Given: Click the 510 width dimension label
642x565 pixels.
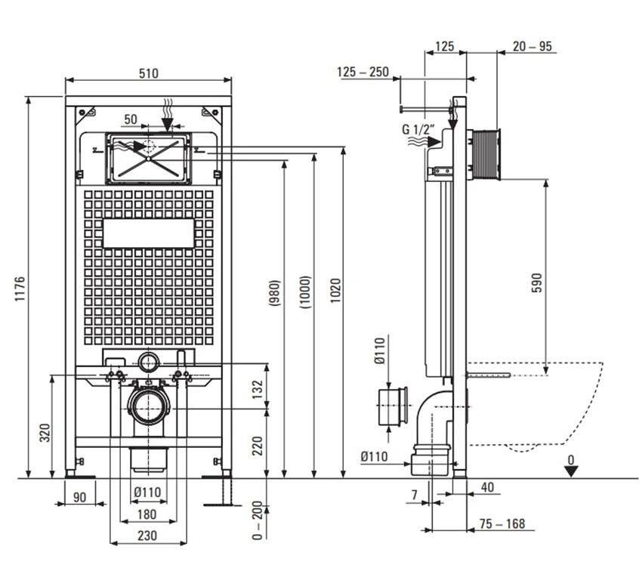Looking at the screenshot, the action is (x=148, y=73).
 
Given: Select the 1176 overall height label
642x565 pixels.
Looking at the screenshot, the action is (x=20, y=289).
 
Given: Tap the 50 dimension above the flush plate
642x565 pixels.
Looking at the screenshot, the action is (x=131, y=119).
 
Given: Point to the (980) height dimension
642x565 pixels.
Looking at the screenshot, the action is (x=274, y=293).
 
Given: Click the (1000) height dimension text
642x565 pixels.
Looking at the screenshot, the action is (x=305, y=292).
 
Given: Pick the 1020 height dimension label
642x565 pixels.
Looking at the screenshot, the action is (x=335, y=290).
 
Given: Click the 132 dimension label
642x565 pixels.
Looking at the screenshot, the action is (x=257, y=389).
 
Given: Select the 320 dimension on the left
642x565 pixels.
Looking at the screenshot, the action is (x=45, y=433).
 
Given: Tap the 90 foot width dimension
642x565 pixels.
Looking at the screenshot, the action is (x=79, y=497).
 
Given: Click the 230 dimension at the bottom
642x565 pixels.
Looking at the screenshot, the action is (x=147, y=536).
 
